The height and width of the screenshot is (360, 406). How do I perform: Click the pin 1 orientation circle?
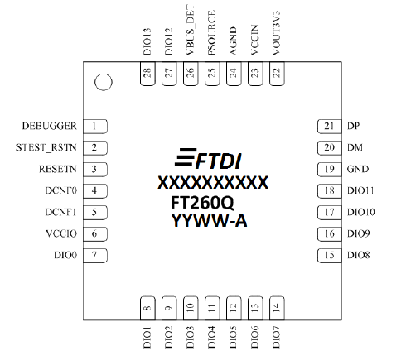point(104,82)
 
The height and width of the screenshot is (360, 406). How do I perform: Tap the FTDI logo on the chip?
point(208,159)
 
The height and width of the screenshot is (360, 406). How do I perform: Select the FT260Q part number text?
point(202,203)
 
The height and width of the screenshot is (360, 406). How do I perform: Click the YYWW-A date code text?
point(209,220)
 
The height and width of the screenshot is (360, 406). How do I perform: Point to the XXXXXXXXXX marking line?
point(213,182)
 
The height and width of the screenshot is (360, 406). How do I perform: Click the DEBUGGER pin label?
point(50,126)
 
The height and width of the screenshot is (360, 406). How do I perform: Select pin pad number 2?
point(95,148)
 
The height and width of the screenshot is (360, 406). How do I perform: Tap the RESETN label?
point(58,169)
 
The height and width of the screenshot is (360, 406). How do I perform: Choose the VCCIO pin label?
point(61,233)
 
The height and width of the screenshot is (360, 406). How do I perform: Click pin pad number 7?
point(95,256)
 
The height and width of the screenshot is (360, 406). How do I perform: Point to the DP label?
point(354,126)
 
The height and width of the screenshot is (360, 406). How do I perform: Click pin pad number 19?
point(329,170)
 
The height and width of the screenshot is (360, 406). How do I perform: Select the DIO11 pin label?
point(360,190)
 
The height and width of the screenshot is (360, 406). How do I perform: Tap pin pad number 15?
point(329,256)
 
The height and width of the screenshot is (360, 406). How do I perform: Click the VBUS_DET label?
point(191,30)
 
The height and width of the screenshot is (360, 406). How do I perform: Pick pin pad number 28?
point(147,74)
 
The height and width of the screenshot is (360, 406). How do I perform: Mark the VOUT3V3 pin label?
point(276,33)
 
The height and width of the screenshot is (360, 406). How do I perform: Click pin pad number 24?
point(234,74)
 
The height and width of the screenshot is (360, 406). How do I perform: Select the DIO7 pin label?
point(276,338)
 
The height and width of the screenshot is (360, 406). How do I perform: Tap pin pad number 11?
point(212,308)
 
